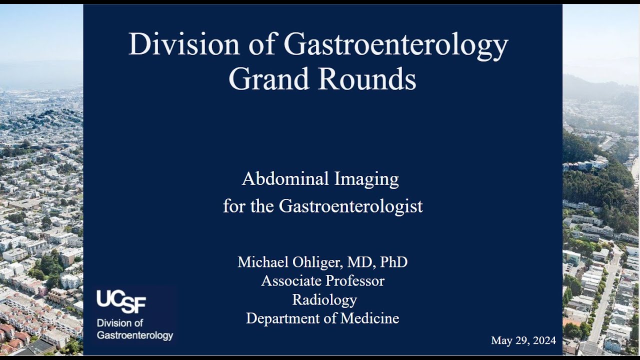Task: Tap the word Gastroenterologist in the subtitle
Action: (x=350, y=206)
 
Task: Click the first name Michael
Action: (x=263, y=262)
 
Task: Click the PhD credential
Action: (x=393, y=262)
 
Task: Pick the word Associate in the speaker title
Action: (x=290, y=281)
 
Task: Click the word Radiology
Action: (x=324, y=300)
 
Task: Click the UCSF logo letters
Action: (x=121, y=301)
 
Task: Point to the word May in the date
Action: (x=501, y=341)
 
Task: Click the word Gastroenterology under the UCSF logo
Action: (x=135, y=335)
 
